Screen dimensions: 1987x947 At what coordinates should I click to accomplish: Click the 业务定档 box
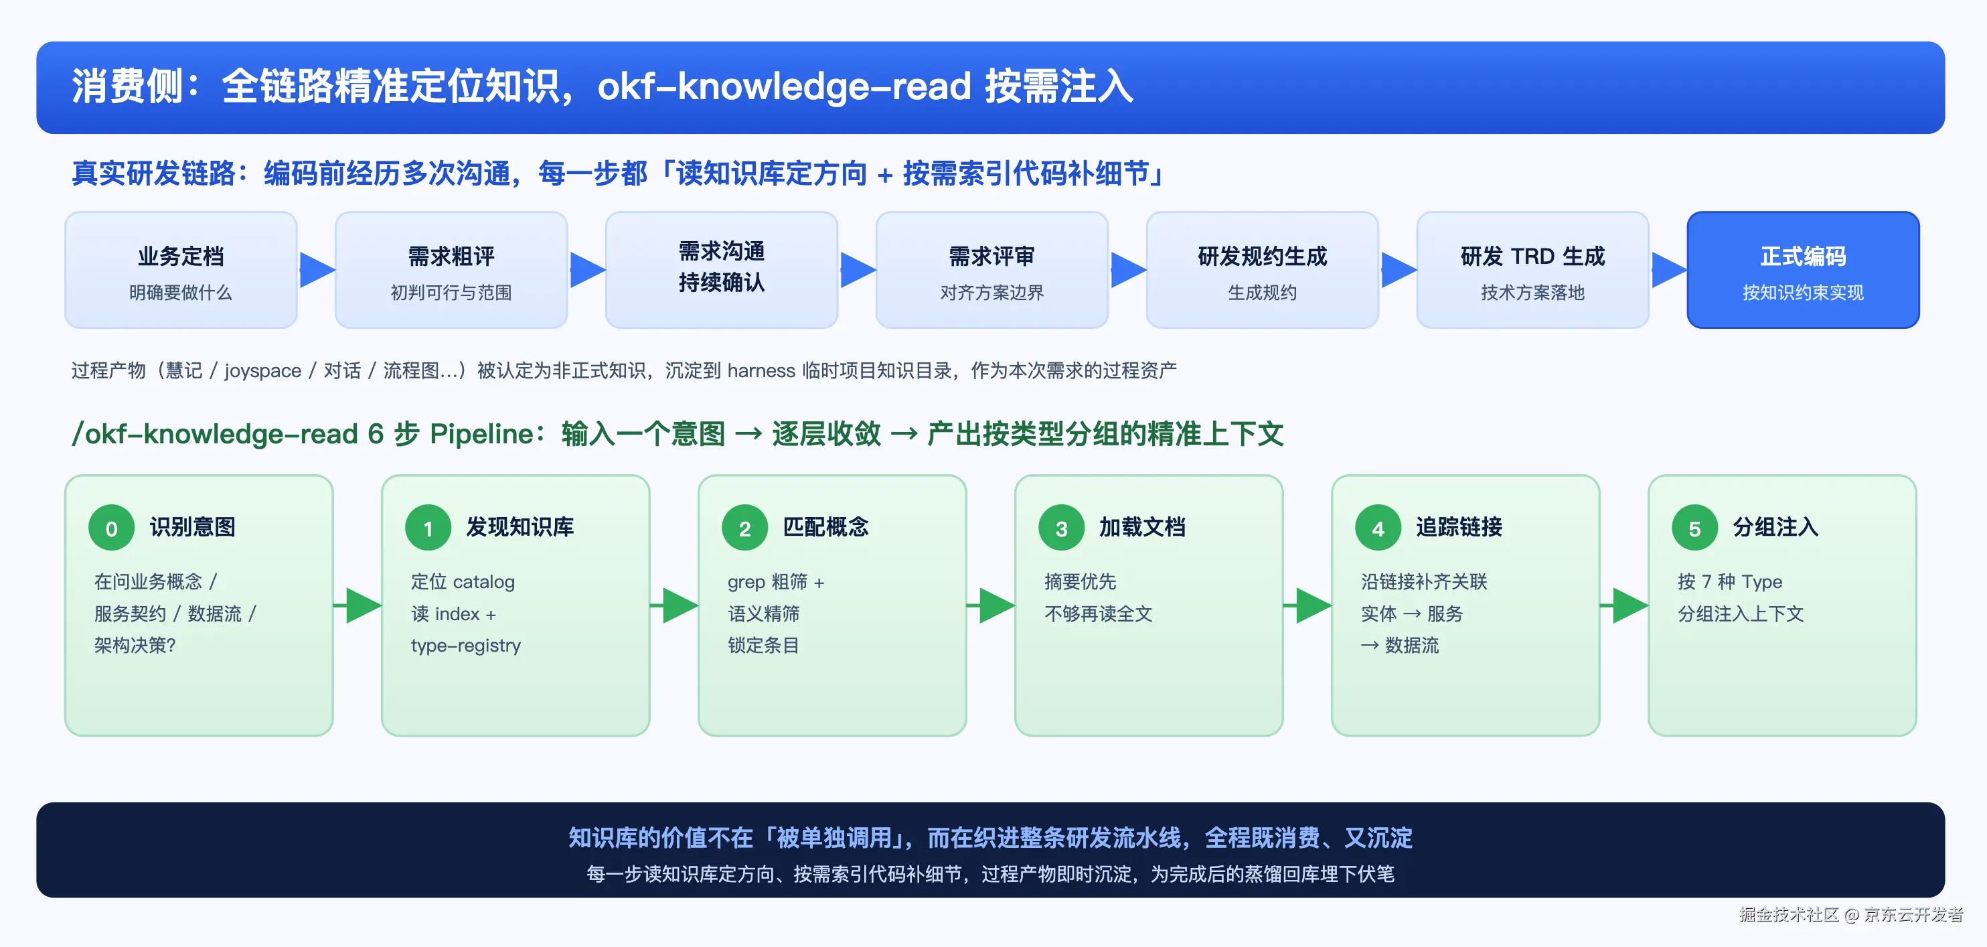point(181,270)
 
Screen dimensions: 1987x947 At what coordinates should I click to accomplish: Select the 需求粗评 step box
point(451,270)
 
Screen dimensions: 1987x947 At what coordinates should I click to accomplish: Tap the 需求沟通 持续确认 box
point(722,270)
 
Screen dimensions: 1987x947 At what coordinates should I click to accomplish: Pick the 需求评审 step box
point(992,270)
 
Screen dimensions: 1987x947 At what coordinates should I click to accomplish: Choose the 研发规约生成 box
point(1263,270)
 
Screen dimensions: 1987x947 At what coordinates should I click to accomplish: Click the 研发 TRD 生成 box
point(1532,270)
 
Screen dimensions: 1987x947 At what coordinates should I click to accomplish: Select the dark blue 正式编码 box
point(1804,270)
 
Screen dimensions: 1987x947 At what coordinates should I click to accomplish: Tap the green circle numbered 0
point(112,528)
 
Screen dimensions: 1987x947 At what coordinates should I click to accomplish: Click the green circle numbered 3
point(1061,528)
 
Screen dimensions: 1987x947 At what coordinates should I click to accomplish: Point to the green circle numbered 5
point(1694,528)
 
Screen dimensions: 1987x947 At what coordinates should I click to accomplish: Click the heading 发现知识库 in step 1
point(520,527)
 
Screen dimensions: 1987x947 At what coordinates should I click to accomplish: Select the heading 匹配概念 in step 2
point(825,527)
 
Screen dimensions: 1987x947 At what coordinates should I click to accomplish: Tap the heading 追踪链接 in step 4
point(1459,527)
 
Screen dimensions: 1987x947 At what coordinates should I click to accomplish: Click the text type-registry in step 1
point(466,645)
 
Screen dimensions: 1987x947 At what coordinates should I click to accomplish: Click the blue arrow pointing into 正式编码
point(1669,270)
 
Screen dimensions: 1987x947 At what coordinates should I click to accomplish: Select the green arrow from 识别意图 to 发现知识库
point(357,605)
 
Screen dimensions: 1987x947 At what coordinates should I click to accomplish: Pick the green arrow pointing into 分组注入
point(1623,605)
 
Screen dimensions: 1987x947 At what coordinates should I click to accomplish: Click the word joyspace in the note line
point(263,371)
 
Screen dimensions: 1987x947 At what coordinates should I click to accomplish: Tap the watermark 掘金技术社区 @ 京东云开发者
point(1850,915)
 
